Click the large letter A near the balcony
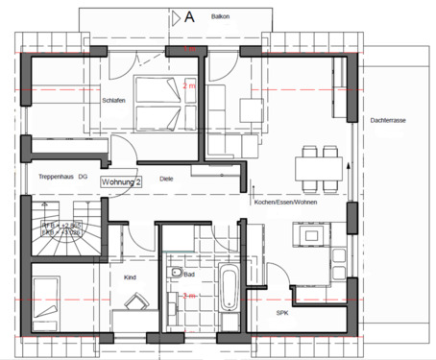tap(189, 16)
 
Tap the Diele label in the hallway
tap(166, 179)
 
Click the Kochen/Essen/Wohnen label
tap(285, 203)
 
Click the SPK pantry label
tap(282, 313)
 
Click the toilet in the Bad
tap(174, 276)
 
